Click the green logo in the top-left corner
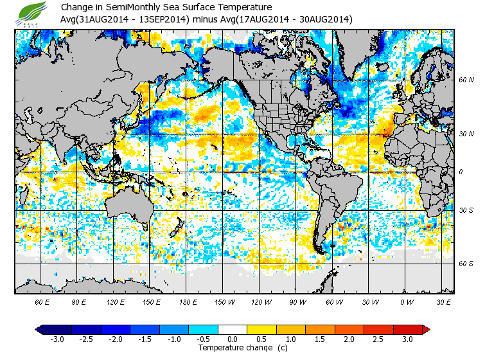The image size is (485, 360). (x=31, y=13)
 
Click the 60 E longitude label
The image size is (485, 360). (x=42, y=301)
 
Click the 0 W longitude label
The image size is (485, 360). (x=407, y=301)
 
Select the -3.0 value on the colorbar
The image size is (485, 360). (x=57, y=339)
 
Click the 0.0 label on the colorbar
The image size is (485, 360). (x=233, y=339)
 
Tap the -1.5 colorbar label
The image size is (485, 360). (x=145, y=339)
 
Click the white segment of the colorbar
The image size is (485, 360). (x=233, y=329)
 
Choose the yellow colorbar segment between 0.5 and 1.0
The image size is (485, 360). (x=276, y=329)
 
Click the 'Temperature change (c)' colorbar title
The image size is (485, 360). (x=233, y=348)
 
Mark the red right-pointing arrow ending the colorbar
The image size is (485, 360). (x=426, y=329)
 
